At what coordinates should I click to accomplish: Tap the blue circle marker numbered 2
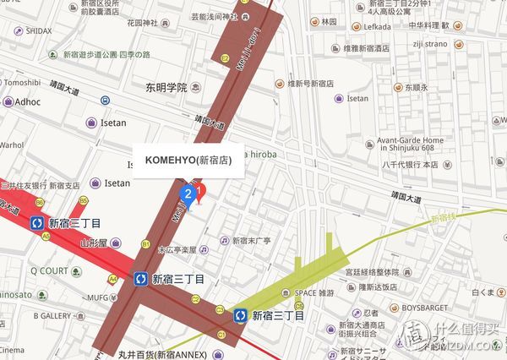(x=186, y=194)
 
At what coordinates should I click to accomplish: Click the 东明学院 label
(x=161, y=87)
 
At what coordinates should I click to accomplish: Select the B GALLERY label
(x=52, y=314)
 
